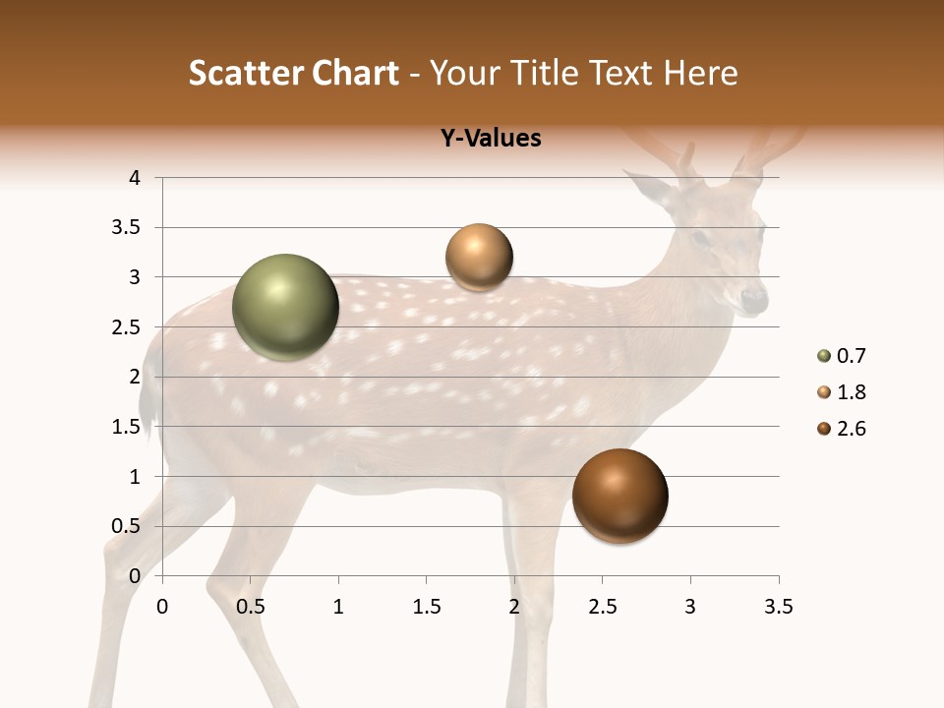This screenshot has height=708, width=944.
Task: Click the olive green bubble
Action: click(x=285, y=307)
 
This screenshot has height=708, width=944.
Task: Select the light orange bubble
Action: click(x=479, y=258)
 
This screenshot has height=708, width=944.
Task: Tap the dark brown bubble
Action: click(x=619, y=496)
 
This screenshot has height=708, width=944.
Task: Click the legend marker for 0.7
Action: click(x=823, y=356)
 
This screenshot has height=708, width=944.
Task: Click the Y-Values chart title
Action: click(x=490, y=139)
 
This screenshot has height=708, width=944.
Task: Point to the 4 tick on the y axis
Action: click(x=134, y=178)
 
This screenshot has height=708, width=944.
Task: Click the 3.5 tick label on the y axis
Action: click(x=127, y=227)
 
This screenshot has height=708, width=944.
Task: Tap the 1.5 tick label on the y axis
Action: click(x=127, y=426)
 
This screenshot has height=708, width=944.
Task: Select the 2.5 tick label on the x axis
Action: click(x=602, y=608)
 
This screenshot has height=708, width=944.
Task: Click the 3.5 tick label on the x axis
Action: click(x=778, y=608)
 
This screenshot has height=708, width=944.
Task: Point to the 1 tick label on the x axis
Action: click(x=338, y=608)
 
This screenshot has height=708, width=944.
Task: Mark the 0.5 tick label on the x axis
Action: click(x=250, y=608)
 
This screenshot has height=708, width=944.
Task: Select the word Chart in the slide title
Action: click(x=355, y=73)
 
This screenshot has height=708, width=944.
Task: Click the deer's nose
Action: click(x=755, y=296)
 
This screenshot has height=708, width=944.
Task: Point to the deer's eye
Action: click(x=700, y=237)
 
